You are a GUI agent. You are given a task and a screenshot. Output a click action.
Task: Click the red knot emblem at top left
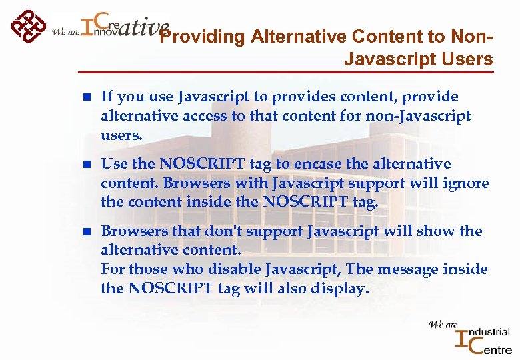pos(27,26)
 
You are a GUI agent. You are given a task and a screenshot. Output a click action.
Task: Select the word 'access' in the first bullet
pos(199,116)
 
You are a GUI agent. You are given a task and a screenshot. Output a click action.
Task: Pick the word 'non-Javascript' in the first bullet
pos(418,116)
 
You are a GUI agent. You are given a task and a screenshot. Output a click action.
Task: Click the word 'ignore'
pos(466,183)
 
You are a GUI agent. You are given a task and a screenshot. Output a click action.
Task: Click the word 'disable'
pos(233,270)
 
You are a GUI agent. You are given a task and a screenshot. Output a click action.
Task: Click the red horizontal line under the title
pos(286,72)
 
